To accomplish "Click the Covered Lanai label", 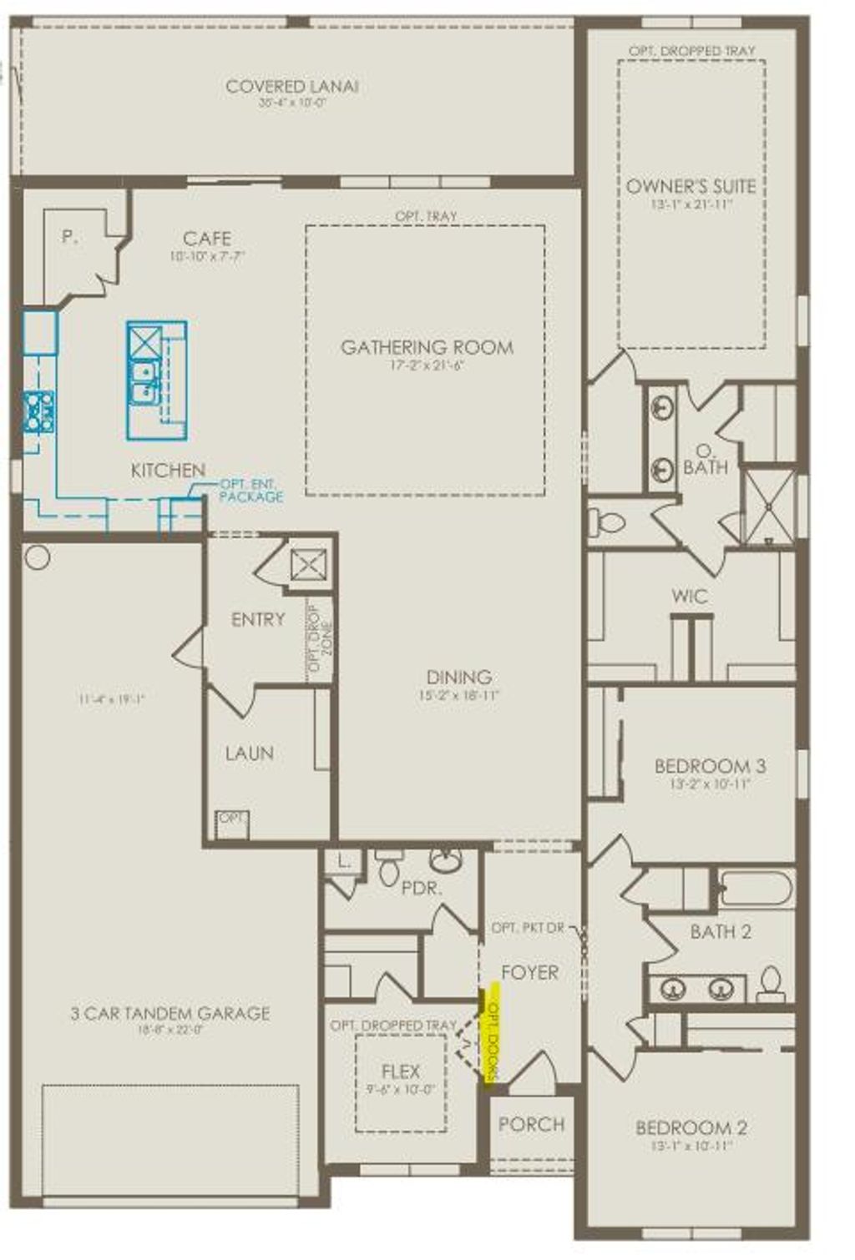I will (291, 86).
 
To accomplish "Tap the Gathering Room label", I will (427, 347).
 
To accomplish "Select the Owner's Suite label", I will (691, 186).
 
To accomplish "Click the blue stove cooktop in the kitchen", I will (39, 411).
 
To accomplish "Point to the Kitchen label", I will (168, 471).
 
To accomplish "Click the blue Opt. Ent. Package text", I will (250, 491).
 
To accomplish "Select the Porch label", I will (531, 1124).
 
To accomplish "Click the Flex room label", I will (401, 1071).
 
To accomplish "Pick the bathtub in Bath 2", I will (755, 889).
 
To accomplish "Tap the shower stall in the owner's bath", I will (768, 507).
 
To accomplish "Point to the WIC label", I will (690, 597).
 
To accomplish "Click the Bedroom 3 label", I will (710, 766).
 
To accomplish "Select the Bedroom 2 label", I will (691, 1128).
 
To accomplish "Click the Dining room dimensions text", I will (458, 695).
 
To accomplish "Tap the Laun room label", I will (249, 753).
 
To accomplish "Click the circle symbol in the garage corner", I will (38, 557).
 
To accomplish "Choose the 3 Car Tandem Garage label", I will (169, 1013).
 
